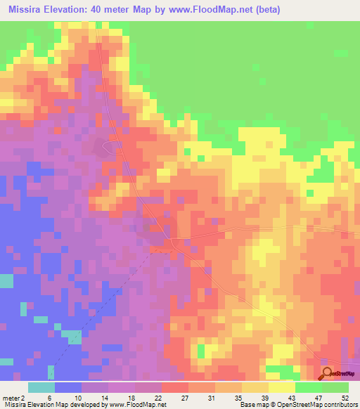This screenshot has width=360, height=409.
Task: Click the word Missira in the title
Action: (29, 8)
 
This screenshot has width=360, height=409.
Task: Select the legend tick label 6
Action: (49, 396)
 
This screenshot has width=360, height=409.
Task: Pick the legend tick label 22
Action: (157, 396)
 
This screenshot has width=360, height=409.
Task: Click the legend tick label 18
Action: (130, 396)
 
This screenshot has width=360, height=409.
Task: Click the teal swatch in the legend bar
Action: (41, 387)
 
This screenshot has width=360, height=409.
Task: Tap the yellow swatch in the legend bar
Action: (281, 387)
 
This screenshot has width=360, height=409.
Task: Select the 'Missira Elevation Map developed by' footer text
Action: (52, 404)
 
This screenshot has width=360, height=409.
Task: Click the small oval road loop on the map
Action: (110, 147)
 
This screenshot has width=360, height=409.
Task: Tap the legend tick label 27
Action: (184, 396)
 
